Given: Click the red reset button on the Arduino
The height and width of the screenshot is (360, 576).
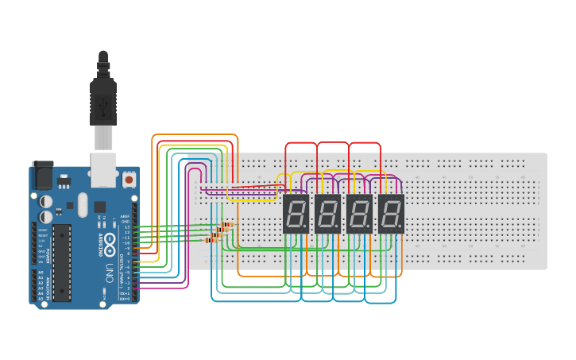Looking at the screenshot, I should (129, 180).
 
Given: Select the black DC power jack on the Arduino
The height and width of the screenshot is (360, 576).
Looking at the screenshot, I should (41, 176).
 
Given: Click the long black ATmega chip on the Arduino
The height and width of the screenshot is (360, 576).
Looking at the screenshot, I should (61, 262).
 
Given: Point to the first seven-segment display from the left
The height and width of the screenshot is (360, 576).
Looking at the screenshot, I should (296, 213).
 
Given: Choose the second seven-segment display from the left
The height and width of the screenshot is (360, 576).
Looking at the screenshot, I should (327, 213).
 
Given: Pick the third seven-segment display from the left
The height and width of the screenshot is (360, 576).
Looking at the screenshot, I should (359, 213).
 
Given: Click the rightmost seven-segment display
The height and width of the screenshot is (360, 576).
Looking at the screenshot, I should (391, 213).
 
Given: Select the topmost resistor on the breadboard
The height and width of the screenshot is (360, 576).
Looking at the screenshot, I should (228, 225).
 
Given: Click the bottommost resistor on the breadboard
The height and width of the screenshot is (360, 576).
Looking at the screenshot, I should (212, 239).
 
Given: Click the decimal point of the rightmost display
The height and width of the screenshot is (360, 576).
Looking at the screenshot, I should (400, 227).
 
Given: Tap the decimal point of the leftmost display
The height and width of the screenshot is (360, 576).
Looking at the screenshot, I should (305, 227).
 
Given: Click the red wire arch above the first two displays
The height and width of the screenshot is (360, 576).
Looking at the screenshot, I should (302, 144).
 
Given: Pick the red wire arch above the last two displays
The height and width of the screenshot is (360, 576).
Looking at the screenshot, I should (365, 144).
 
